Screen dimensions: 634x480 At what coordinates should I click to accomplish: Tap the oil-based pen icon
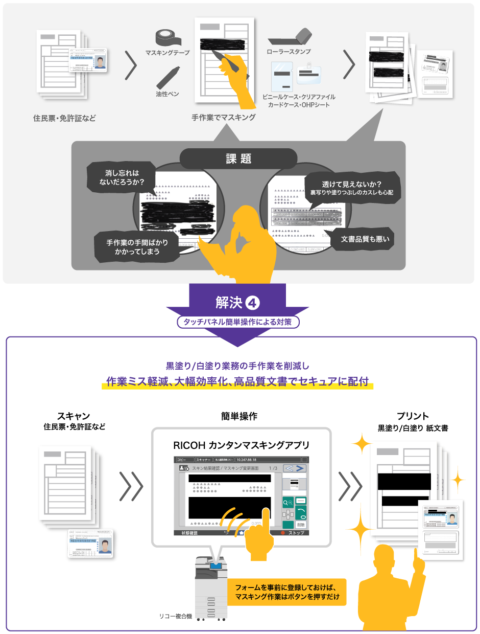(167, 77)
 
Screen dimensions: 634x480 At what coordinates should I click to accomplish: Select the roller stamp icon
(290, 37)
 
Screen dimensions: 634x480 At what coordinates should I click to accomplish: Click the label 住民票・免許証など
(64, 119)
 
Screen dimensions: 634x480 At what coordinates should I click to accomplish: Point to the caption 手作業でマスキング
(224, 118)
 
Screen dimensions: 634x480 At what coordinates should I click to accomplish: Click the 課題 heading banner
(238, 158)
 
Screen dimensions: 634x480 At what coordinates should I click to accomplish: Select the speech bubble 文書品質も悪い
(362, 239)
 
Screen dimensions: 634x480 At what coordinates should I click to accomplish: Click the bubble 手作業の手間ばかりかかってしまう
(137, 246)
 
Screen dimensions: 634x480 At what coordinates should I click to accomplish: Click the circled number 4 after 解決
(253, 303)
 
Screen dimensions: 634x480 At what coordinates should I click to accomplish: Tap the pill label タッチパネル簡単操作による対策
(238, 322)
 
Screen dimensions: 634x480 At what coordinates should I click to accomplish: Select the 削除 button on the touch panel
(301, 525)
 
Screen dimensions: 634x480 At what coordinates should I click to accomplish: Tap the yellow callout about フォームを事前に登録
(286, 592)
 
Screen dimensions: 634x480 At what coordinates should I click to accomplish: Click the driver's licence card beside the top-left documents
(88, 60)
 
